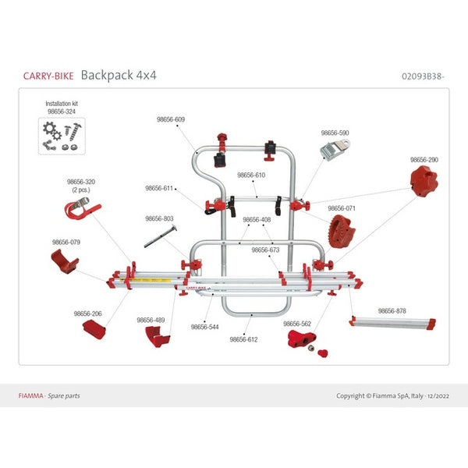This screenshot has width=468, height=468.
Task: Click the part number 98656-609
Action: [x=171, y=119]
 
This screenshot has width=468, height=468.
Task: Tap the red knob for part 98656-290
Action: [x=424, y=183]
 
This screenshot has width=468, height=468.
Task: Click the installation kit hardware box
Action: [x=61, y=133]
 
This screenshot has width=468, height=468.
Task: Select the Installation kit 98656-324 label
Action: [x=61, y=107]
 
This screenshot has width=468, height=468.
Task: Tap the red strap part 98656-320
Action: [x=81, y=210]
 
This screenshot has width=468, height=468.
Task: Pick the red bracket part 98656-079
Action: [x=64, y=262]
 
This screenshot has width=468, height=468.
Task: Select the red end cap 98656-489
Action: [x=157, y=336]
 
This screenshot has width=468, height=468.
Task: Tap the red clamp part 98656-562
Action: [x=302, y=339]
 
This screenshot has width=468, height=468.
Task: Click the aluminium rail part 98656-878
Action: [x=393, y=322]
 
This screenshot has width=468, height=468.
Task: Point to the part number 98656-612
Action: [x=243, y=339]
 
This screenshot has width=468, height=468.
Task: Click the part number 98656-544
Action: [x=205, y=328]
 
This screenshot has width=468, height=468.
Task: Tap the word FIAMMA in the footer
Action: [x=31, y=395]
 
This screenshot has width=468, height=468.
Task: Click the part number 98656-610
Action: [x=251, y=175]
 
